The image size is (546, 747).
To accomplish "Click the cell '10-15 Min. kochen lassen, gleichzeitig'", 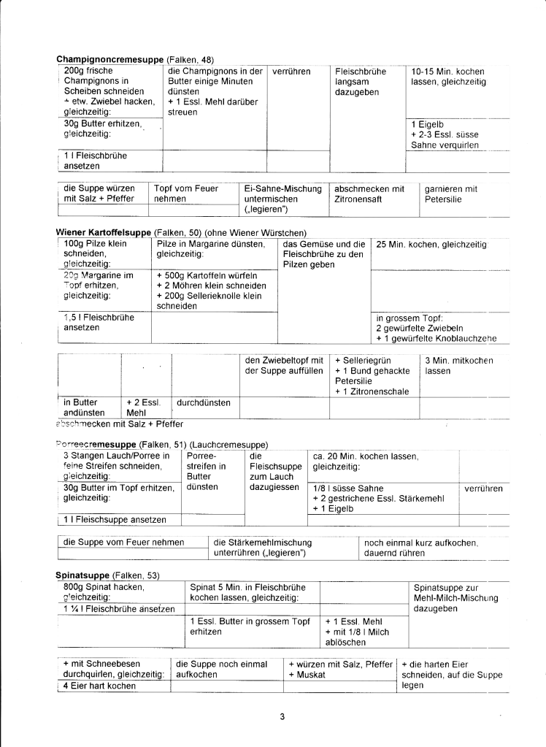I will coord(447,77).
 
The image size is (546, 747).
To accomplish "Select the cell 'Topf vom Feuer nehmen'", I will coord(186,194).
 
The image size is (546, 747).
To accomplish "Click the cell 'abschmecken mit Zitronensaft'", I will coord(369,194).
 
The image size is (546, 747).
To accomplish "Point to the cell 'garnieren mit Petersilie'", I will coord(450,194).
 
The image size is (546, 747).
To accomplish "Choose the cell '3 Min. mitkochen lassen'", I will coord(458,366).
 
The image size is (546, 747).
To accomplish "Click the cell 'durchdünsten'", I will coord(204,402).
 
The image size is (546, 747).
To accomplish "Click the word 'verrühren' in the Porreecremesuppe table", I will coord(483,489).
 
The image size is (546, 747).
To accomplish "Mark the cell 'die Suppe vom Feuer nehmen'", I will coord(124,543).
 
